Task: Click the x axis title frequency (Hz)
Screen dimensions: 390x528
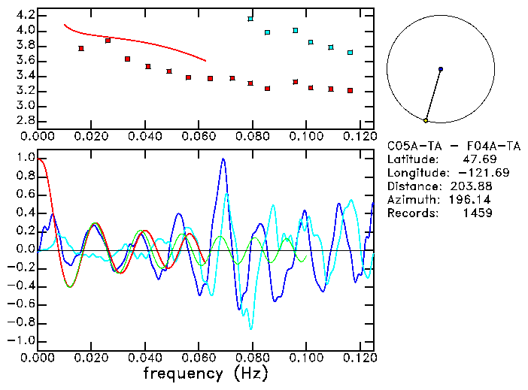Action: click(x=205, y=373)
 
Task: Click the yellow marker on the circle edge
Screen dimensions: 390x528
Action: click(x=426, y=120)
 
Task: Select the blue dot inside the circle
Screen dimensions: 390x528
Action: click(x=441, y=69)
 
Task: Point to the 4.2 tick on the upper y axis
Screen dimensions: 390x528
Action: click(x=24, y=15)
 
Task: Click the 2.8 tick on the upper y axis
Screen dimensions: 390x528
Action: click(x=24, y=120)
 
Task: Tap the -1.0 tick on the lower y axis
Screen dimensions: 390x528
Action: click(x=20, y=340)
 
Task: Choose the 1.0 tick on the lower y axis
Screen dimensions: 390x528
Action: click(x=24, y=159)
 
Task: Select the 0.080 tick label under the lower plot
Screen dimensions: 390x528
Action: click(x=252, y=357)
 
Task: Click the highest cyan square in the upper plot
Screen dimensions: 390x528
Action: click(x=250, y=19)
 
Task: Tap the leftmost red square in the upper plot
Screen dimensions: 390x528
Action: click(x=81, y=48)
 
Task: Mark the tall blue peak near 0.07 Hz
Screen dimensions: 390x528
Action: click(x=223, y=159)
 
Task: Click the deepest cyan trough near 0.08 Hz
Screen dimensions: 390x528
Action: click(x=251, y=328)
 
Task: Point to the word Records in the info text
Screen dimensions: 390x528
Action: click(x=411, y=213)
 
